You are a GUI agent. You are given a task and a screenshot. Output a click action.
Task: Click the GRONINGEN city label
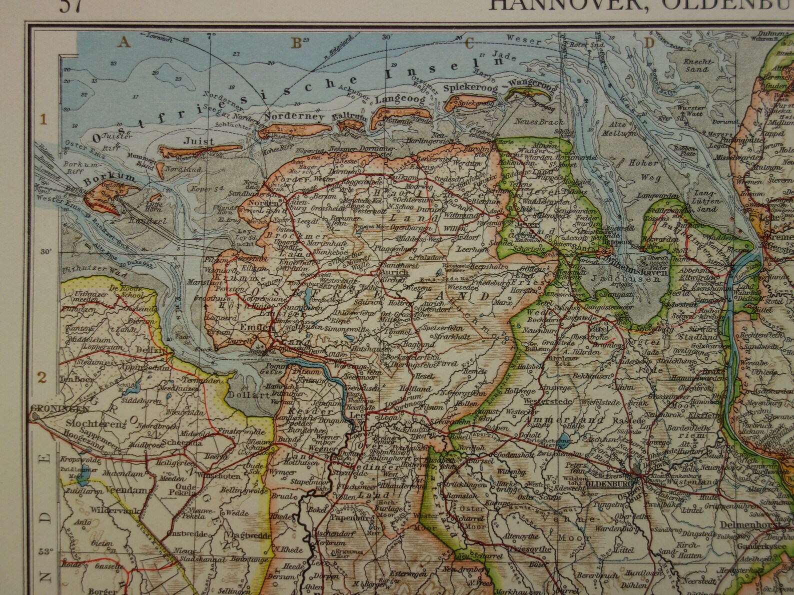(53, 408)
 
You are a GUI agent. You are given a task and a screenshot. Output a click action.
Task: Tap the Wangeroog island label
(531, 86)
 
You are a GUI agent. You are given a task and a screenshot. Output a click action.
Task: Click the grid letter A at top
(124, 43)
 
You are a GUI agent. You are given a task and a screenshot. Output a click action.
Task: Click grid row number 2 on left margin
(43, 377)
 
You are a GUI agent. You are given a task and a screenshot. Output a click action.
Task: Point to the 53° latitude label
(46, 552)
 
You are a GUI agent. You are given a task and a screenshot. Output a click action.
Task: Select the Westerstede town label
(544, 401)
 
